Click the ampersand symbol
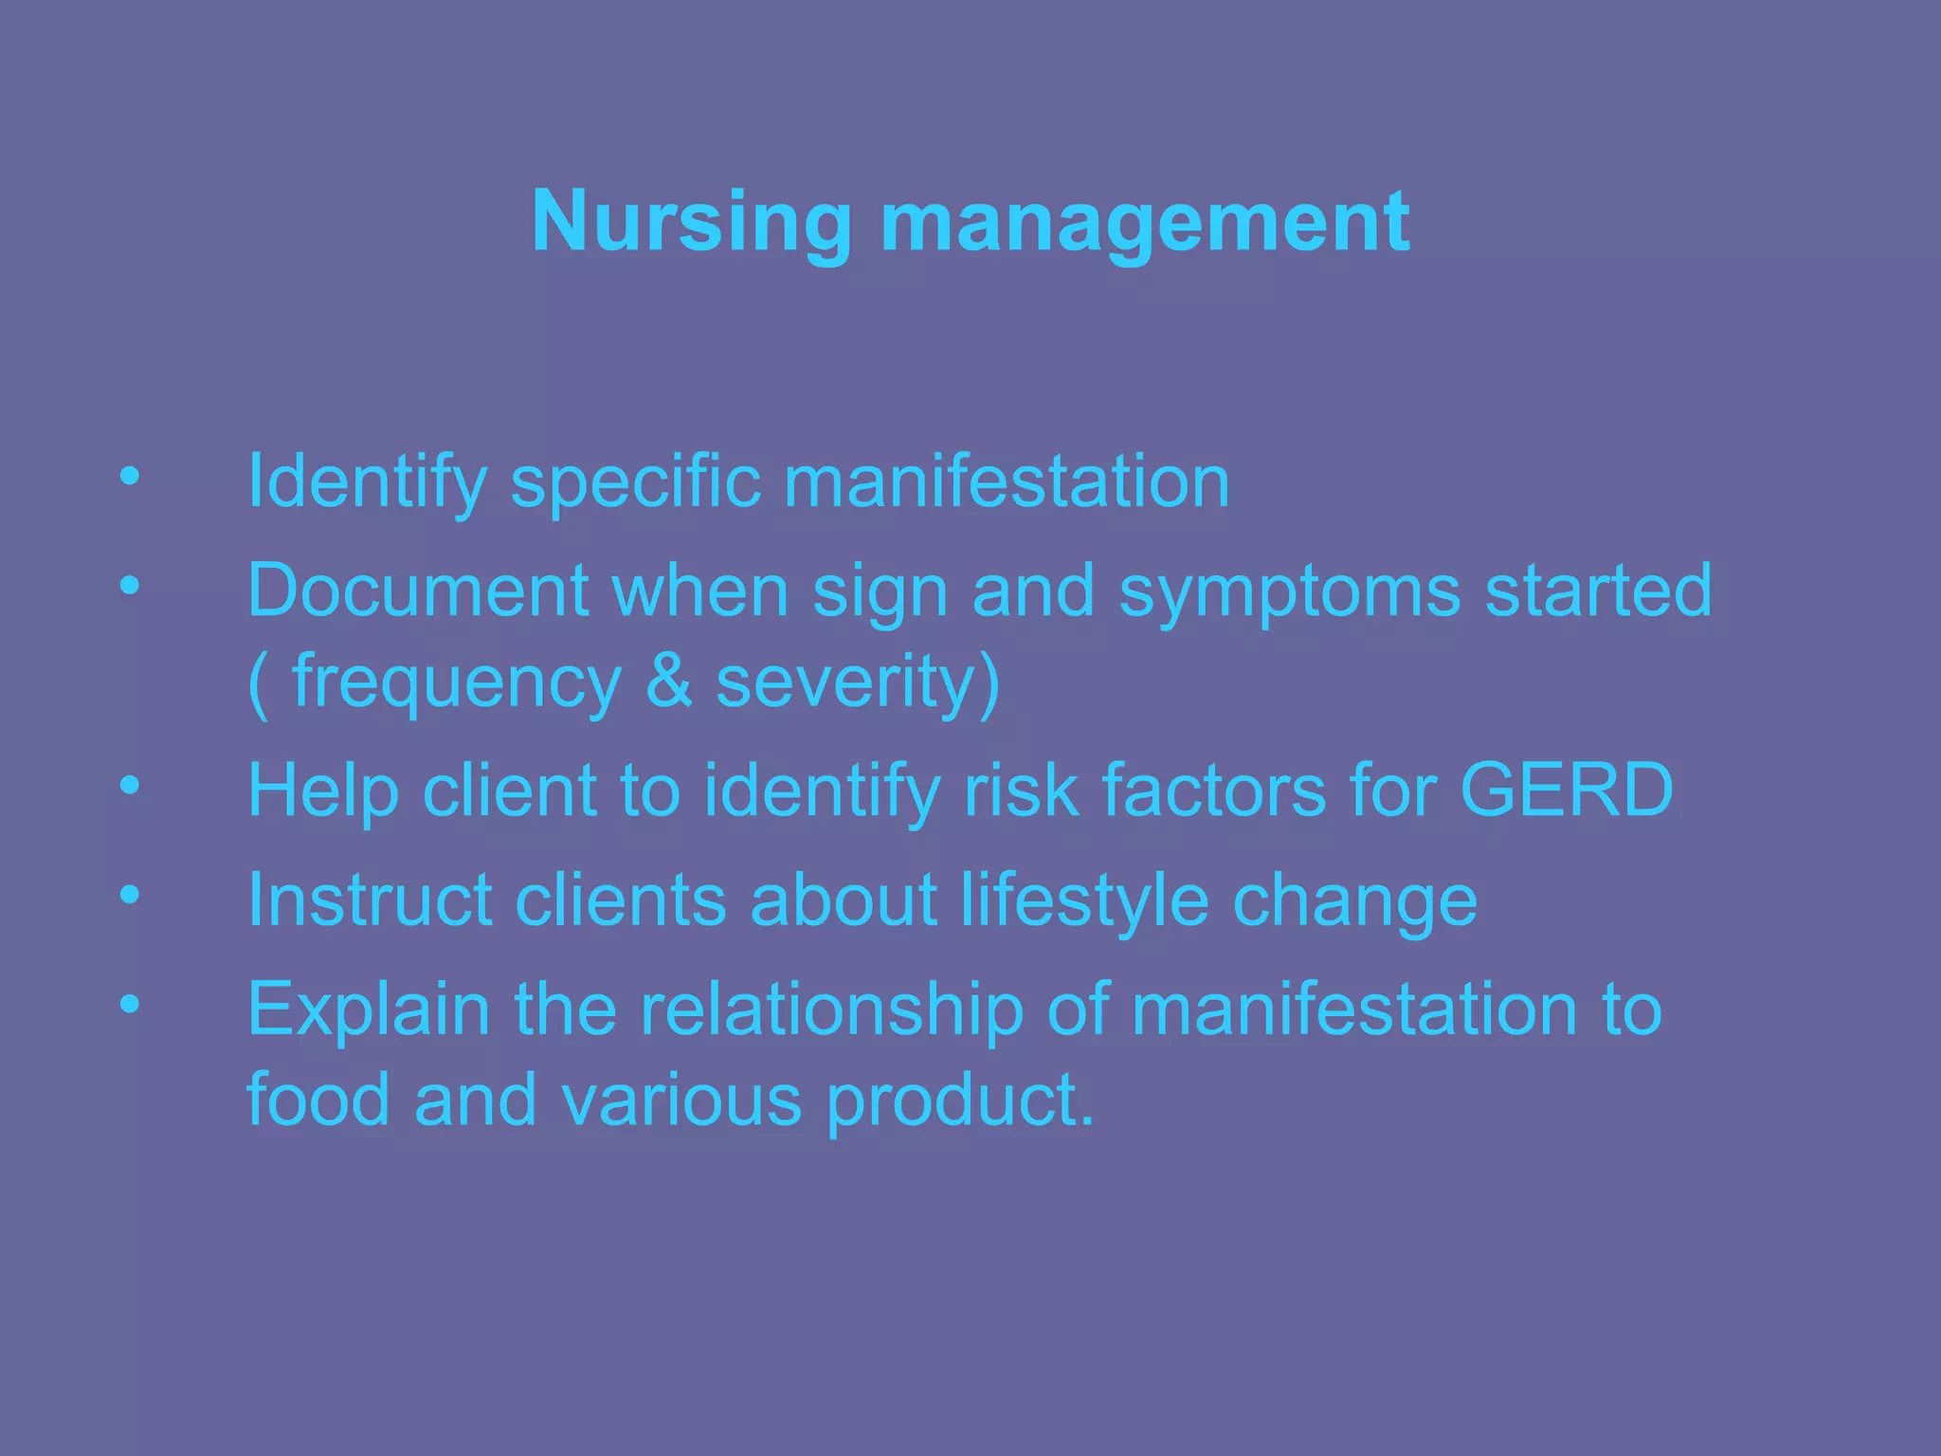pyautogui.click(x=669, y=681)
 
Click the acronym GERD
pyautogui.click(x=1567, y=790)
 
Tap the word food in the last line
pyautogui.click(x=318, y=1100)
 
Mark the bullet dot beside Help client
pyautogui.click(x=130, y=785)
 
